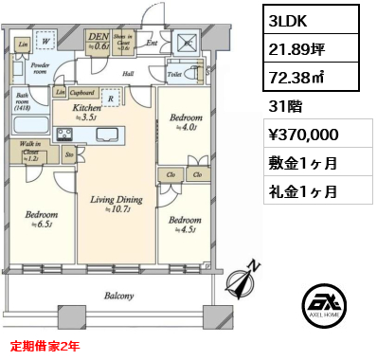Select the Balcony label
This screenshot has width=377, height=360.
click(x=119, y=295)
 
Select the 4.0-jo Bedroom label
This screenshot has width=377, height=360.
click(x=185, y=121)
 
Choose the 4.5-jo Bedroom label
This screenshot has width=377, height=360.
click(x=185, y=221)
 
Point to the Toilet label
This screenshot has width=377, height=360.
click(x=174, y=72)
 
